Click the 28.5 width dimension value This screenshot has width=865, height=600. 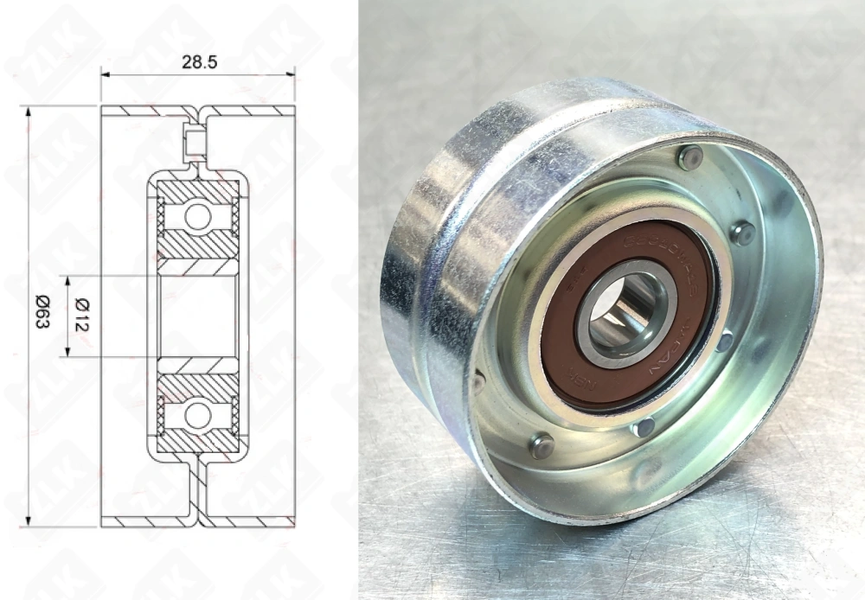[x=198, y=63]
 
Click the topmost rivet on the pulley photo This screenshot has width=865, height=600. [x=689, y=157]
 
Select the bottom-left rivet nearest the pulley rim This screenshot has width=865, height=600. [x=541, y=446]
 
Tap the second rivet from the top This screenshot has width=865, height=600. [x=741, y=232]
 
